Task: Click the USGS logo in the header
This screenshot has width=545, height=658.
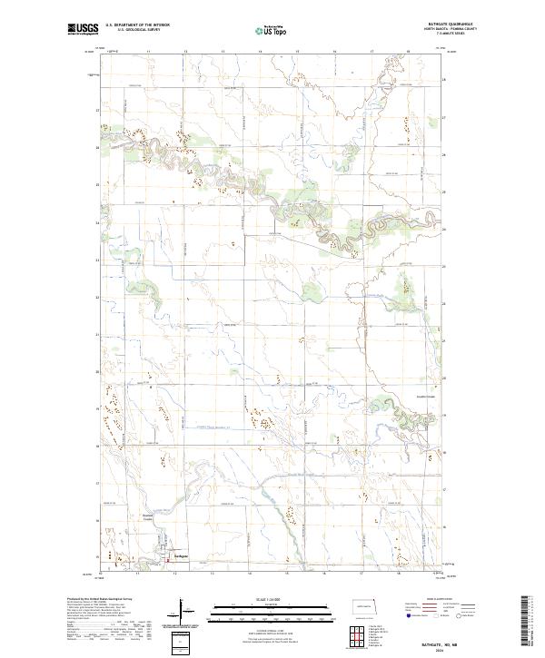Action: coord(83,29)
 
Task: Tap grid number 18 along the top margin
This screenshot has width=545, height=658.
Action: coord(410,53)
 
